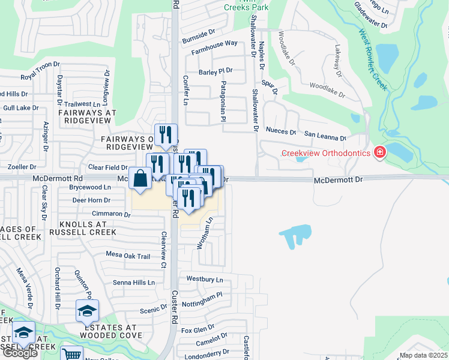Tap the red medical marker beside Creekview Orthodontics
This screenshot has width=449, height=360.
pyautogui.click(x=379, y=154)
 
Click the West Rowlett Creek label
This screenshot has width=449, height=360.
pyautogui.click(x=373, y=60)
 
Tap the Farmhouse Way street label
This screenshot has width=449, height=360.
pyautogui.click(x=214, y=47)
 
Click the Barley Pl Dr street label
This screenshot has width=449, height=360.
pyautogui.click(x=215, y=70)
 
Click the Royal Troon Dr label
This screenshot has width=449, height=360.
pyautogui.click(x=40, y=74)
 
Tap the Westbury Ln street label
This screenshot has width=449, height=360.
pyautogui.click(x=204, y=279)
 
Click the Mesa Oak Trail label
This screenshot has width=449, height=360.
pyautogui.click(x=128, y=256)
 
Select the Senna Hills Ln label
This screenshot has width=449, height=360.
pyautogui.click(x=133, y=282)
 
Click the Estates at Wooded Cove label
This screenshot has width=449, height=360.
pyautogui.click(x=113, y=331)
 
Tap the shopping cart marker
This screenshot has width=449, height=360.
pyautogui.click(x=72, y=355)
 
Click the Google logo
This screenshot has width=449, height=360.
pyautogui.click(x=20, y=353)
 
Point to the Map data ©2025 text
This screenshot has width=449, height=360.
pyautogui.click(x=423, y=355)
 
